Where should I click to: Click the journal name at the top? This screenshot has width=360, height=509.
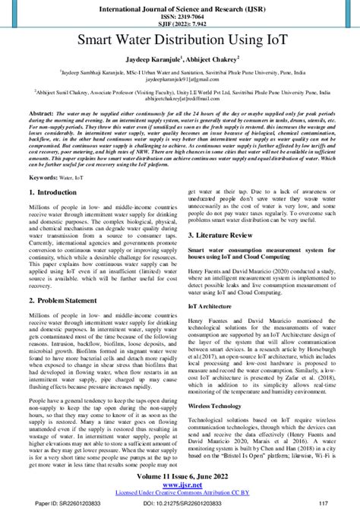180,6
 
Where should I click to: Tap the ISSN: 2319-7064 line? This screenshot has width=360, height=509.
180,14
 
